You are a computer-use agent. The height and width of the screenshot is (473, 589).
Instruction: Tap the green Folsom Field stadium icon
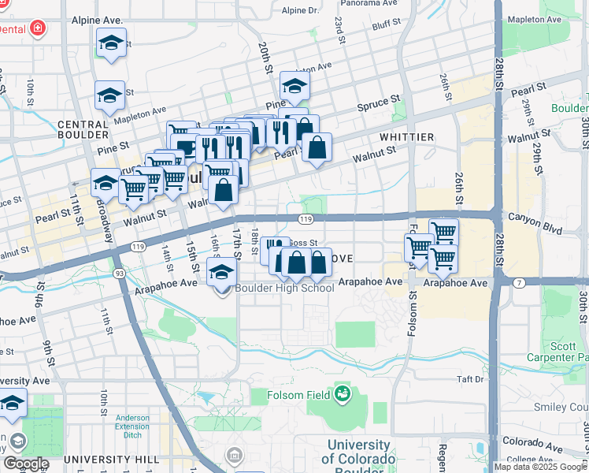click(x=342, y=393)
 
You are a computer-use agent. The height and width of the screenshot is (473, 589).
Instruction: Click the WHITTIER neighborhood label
click(x=406, y=137)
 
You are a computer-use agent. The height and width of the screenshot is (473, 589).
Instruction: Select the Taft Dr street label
click(x=470, y=379)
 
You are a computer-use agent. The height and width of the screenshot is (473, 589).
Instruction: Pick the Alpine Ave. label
click(x=97, y=19)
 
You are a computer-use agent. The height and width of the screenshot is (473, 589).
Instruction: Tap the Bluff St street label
click(x=387, y=26)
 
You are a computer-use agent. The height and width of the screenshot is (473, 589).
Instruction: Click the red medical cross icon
click(x=37, y=29)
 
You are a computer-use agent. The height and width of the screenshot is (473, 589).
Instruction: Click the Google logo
click(x=25, y=463)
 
